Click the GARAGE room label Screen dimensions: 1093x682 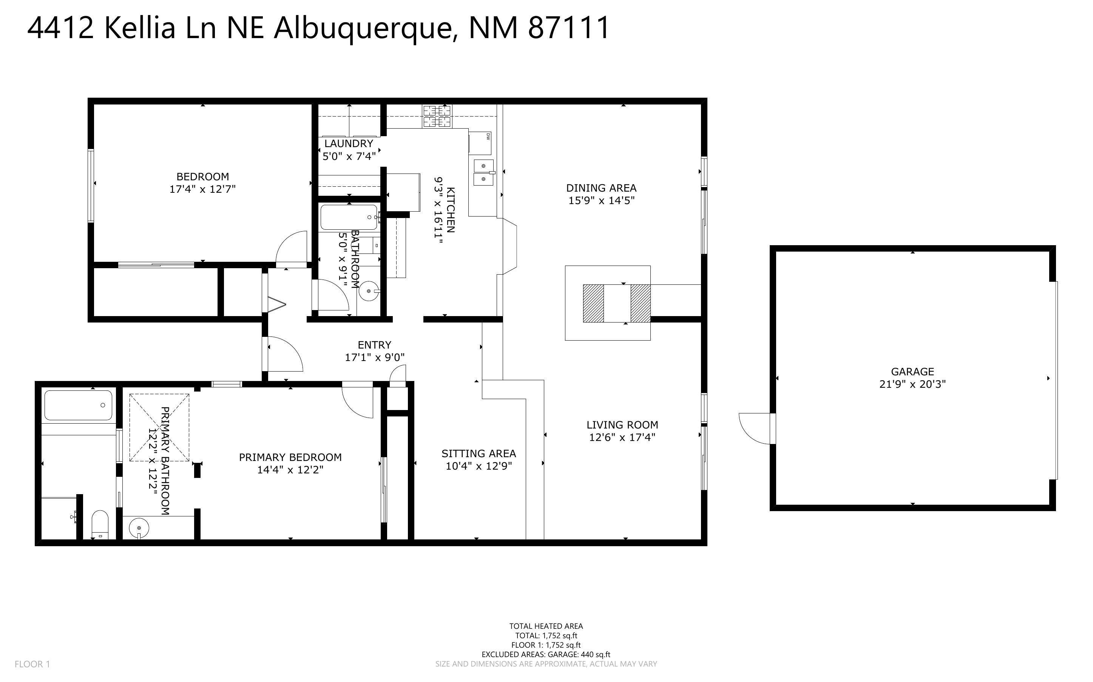coord(912,372)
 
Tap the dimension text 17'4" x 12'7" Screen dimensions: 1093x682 coord(202,189)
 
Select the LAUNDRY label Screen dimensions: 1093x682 coord(349,143)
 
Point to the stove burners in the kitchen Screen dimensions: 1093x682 coord(437,116)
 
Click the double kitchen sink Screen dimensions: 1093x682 coord(483,172)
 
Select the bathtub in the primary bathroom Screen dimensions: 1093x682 coord(78,405)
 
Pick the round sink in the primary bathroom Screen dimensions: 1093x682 coord(139,528)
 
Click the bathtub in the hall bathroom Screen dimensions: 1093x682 coord(349,217)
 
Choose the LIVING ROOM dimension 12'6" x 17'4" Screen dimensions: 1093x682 coord(622,437)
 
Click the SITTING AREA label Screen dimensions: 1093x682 coord(479,453)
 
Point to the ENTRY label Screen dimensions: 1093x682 coord(374,345)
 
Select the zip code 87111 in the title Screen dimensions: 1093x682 coord(568,28)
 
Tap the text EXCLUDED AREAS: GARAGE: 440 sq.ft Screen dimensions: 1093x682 coord(546,654)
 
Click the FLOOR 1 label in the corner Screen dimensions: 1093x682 coord(32,664)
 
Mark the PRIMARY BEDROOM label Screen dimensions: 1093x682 coord(290,458)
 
